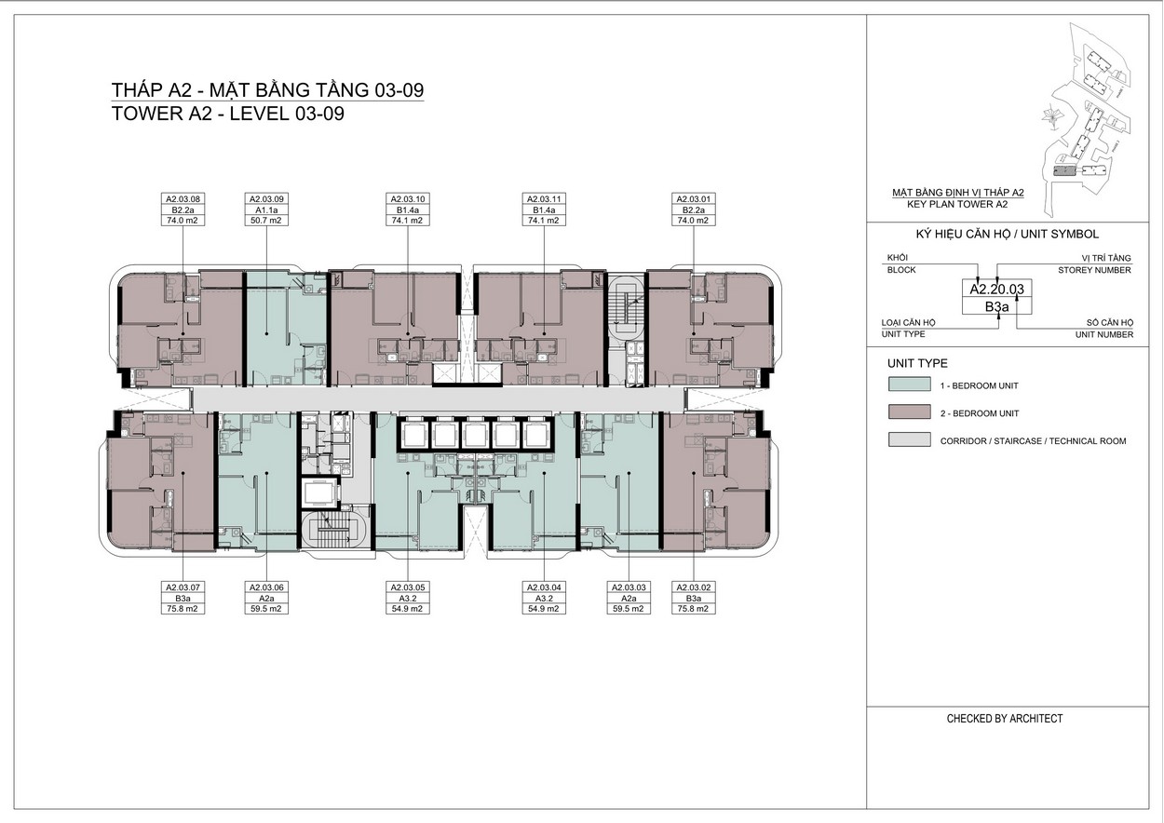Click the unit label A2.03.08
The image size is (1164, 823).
point(183,199)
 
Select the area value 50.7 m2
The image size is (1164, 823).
point(266,221)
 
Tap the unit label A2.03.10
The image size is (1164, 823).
point(408,199)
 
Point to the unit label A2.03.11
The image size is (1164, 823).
point(544,199)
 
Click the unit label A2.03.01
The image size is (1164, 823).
point(693,199)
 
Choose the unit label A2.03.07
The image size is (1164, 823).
point(183,587)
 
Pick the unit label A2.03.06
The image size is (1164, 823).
point(266,587)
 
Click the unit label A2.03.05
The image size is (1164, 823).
point(408,587)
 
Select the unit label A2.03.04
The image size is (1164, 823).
point(544,587)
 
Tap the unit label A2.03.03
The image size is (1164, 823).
point(629,587)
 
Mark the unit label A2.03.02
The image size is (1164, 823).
point(693,587)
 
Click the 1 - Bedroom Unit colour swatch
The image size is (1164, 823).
point(910,385)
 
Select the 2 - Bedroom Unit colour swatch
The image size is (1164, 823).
point(910,412)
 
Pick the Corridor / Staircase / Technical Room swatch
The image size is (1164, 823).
point(910,439)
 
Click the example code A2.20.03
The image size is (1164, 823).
point(996,290)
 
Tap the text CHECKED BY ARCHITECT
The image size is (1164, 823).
point(1005,719)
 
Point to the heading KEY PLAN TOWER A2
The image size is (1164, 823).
point(957,204)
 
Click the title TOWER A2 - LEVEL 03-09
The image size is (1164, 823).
point(228,114)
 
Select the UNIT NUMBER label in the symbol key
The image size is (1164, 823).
point(1104,334)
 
